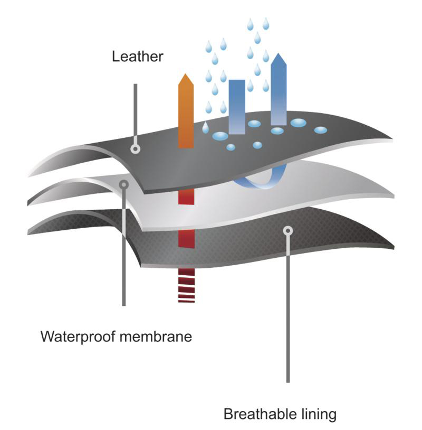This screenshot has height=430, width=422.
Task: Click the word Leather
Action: [x=137, y=57]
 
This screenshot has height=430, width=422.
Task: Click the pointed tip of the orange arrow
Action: [x=186, y=75]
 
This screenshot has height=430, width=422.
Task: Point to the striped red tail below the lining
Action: [x=186, y=286]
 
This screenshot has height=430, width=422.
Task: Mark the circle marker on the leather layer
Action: [x=136, y=149]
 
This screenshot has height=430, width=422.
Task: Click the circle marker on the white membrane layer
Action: [x=124, y=184]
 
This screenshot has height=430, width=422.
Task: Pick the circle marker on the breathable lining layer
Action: [x=287, y=230]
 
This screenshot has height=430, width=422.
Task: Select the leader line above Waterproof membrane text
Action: [x=124, y=248]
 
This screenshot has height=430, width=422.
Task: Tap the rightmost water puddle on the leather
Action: [x=320, y=130]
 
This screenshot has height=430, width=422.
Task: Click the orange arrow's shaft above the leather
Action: [x=186, y=116]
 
